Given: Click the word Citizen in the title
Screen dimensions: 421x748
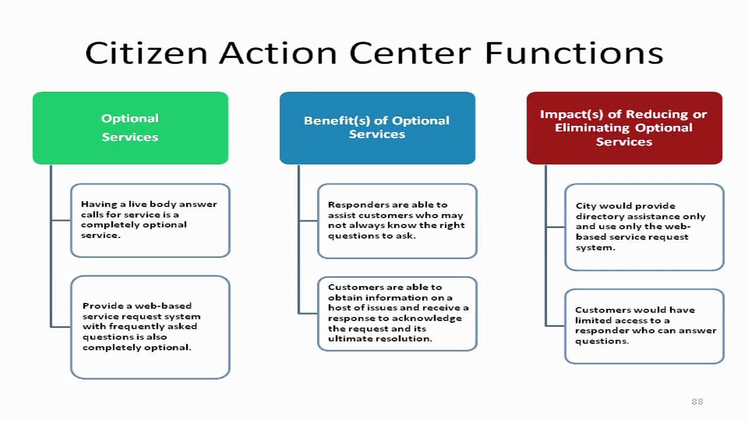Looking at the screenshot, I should pos(146,53).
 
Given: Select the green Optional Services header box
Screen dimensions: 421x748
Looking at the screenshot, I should pos(130,127).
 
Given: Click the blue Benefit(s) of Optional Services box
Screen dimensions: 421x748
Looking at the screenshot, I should pos(377,127).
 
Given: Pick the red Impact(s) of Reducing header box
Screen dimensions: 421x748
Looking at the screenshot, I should pos(624,127).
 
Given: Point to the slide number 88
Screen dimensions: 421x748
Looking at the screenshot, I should pos(697,401).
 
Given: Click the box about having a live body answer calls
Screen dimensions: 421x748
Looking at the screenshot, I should pos(150,220).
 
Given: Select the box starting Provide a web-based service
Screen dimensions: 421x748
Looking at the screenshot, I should pos(150,327).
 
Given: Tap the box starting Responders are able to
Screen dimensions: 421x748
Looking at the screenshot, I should pos(397,220).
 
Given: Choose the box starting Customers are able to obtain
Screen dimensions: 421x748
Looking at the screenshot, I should pos(397,313).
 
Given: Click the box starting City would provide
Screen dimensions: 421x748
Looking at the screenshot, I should pos(644,227).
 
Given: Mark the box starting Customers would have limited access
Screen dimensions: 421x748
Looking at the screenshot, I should pos(644,326).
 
